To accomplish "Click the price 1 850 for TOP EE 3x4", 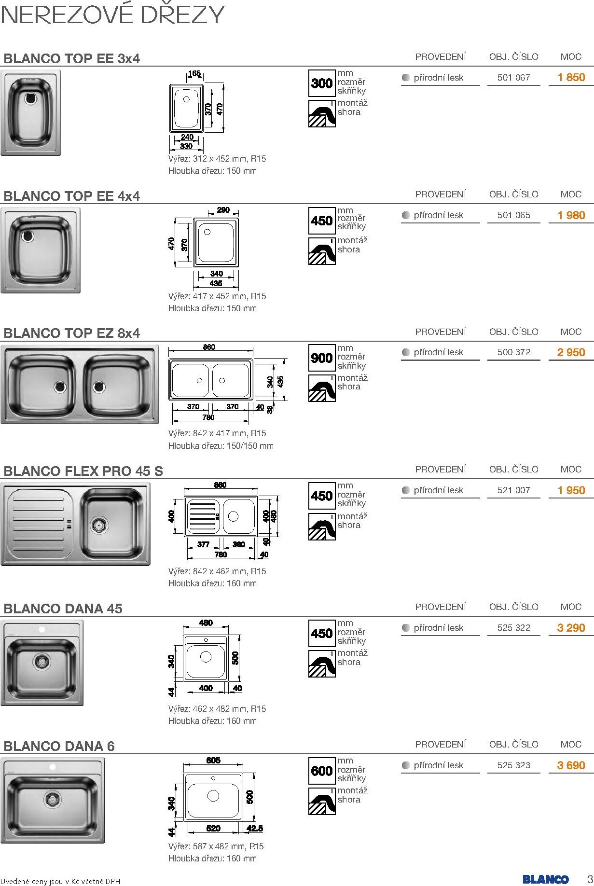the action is pyautogui.click(x=571, y=77).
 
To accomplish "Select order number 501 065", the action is pyautogui.click(x=513, y=215).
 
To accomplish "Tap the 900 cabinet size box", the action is pyautogui.click(x=322, y=358).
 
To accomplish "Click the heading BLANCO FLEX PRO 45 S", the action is pyautogui.click(x=83, y=471).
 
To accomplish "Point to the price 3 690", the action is pyautogui.click(x=571, y=765).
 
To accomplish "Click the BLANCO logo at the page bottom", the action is pyautogui.click(x=545, y=879).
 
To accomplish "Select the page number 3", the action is pyautogui.click(x=589, y=878).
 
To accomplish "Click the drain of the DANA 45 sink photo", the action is pyautogui.click(x=42, y=661).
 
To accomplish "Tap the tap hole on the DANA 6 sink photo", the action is pyautogui.click(x=53, y=767).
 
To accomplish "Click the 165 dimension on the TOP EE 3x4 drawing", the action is pyautogui.click(x=194, y=73).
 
